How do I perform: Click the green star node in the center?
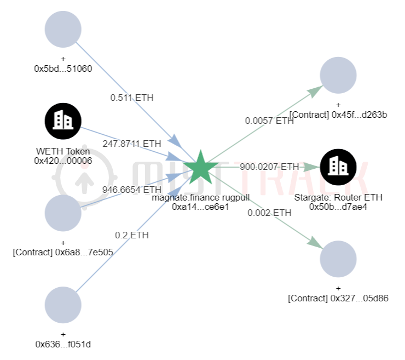pos(199,167)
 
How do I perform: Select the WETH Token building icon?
pos(63,121)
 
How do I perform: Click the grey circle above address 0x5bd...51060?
pos(63,29)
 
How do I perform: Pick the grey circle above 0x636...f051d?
pos(63,305)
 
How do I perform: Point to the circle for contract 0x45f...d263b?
pos(338,75)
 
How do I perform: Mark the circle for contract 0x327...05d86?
pos(338,259)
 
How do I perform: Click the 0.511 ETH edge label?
pos(132,98)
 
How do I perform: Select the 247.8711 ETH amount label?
pos(132,144)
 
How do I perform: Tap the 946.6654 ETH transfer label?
pos(131,190)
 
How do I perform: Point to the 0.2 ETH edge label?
pos(131,235)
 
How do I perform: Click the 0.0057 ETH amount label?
pos(269,121)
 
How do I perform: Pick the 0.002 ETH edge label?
pos(269,213)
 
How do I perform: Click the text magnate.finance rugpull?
pos(201,197)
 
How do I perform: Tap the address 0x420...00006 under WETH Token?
pos(63,160)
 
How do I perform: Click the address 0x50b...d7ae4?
pos(338,207)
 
